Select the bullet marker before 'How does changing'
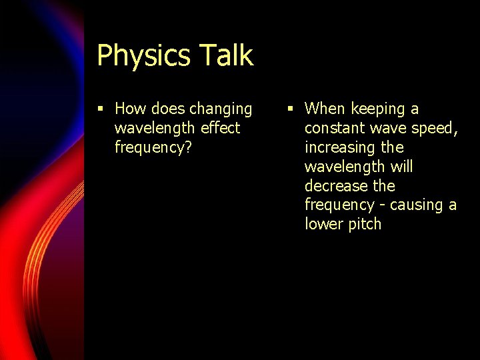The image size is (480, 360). coord(100,109)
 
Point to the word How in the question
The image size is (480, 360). coord(130,109)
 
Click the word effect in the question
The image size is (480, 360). coord(220,127)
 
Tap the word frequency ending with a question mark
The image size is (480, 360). coord(153,147)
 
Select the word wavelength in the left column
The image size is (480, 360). coord(155,127)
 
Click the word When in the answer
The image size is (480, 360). coord(325,109)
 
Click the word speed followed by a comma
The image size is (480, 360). coord(435,128)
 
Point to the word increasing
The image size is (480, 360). coord(340,147)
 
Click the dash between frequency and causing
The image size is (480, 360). coord(383,205)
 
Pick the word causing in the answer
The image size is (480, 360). coord(417,205)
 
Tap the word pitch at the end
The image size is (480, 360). coord(364,224)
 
